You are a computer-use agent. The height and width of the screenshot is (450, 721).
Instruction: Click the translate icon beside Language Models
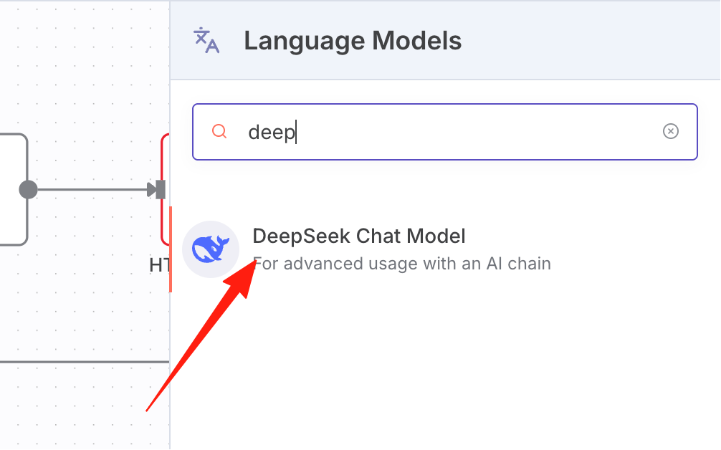[x=206, y=40]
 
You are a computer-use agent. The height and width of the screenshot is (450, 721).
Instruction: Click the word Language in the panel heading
[x=304, y=42]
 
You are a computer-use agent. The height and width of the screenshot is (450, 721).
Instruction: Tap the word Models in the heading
[x=416, y=40]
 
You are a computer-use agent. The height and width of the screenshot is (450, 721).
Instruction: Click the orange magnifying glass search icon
[x=219, y=131]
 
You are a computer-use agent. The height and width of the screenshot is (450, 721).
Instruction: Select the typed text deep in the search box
[x=272, y=133]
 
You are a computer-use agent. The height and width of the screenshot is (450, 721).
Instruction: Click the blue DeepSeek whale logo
[x=211, y=249]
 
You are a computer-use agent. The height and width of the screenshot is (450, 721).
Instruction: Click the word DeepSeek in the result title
[x=301, y=236]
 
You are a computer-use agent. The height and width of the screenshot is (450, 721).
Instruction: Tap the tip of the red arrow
[x=256, y=260]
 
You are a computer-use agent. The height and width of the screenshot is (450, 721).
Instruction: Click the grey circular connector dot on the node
[x=28, y=190]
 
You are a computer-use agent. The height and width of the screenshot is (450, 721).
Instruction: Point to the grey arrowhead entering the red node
[x=152, y=190]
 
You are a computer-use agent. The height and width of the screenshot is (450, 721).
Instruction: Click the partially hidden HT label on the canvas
[x=160, y=264]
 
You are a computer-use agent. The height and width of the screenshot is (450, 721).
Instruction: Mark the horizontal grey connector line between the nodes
[x=92, y=190]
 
